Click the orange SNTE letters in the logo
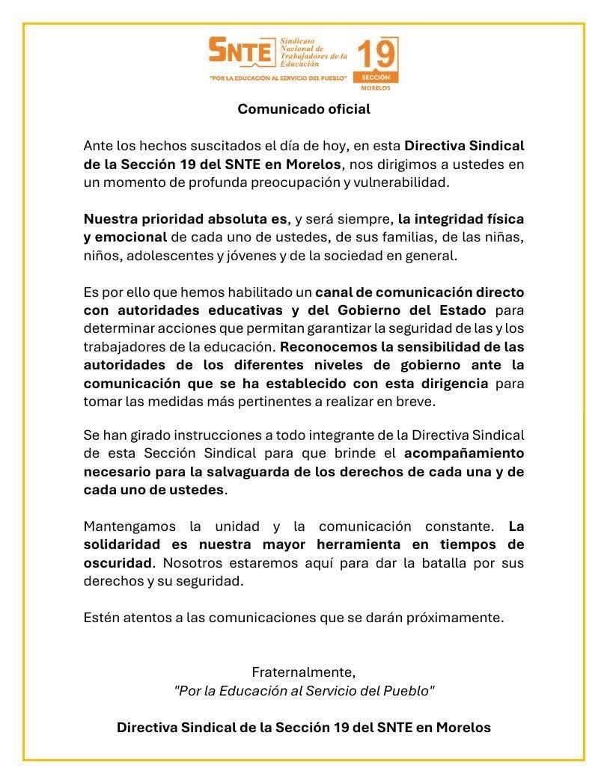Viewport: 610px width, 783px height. pyautogui.click(x=240, y=51)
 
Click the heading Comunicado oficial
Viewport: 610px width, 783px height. pyautogui.click(x=304, y=109)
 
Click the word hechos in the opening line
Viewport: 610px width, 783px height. pyautogui.click(x=159, y=145)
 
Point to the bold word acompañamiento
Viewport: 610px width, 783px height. pyautogui.click(x=464, y=453)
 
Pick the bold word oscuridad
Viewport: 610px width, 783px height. pyautogui.click(x=118, y=562)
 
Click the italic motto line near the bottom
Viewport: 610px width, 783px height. pyautogui.click(x=304, y=690)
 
